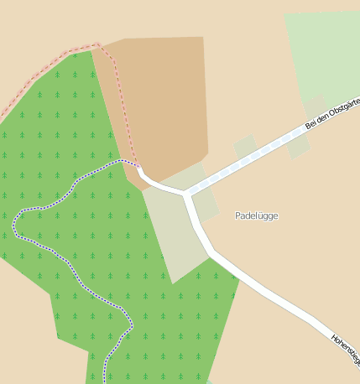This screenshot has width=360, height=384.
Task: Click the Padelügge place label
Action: [256, 215]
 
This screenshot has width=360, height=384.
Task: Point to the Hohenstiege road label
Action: [346, 350]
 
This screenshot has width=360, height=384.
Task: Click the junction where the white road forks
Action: [186, 195]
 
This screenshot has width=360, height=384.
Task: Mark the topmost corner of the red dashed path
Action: [98, 44]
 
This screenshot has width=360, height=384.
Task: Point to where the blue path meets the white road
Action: [138, 166]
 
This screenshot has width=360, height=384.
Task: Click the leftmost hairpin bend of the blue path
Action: [14, 225]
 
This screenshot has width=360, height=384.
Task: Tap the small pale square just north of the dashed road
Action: [245, 147]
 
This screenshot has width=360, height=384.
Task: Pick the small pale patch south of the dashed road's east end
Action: [298, 147]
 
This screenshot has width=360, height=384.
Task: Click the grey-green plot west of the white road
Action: [172, 235]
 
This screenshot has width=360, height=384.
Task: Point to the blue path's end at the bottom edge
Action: [106, 379]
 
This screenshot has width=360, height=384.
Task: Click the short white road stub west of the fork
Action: [155, 183]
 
